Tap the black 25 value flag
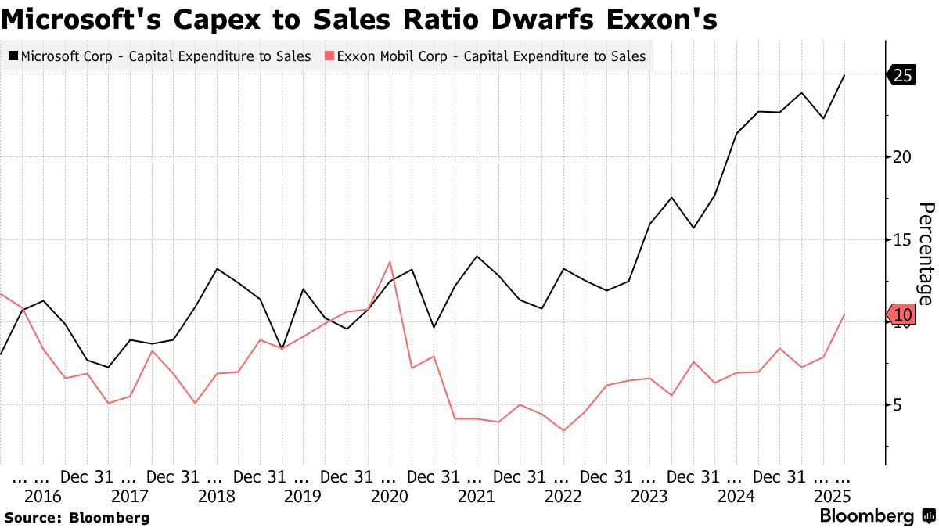pos(903,75)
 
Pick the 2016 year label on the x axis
pos(43,496)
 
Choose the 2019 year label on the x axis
pos(303,496)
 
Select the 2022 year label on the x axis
pos(563,496)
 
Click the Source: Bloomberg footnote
pos(77,517)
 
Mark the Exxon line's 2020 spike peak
pos(390,261)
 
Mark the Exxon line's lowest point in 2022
pos(563,430)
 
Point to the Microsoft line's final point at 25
pos(844,75)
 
